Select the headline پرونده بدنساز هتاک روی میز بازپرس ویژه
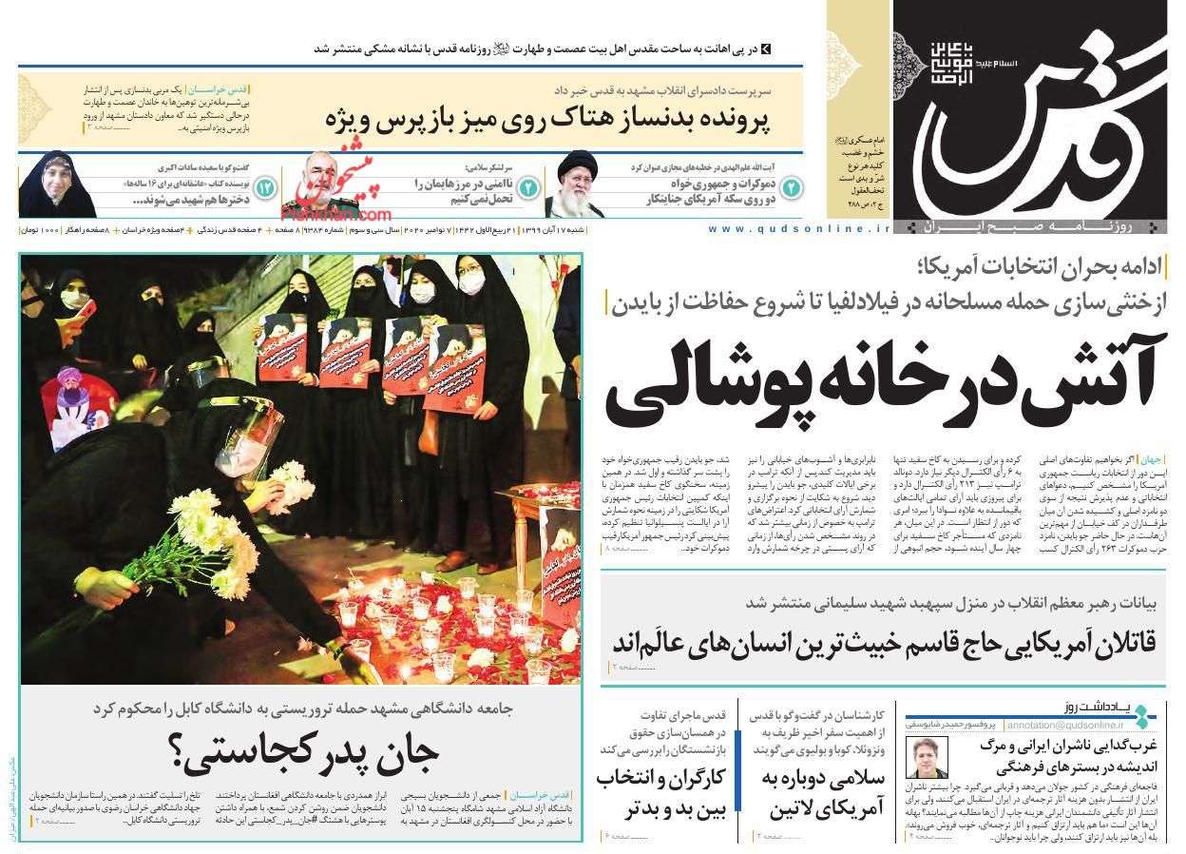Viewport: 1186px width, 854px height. click(548, 121)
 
